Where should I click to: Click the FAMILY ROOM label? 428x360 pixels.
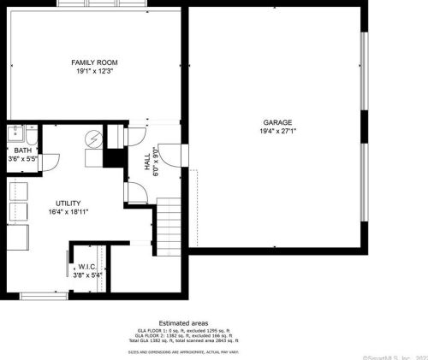[95, 62]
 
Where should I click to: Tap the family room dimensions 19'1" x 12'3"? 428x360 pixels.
[95, 71]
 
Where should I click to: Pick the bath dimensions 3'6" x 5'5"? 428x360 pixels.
[22, 159]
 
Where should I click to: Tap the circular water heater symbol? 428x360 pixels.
[93, 139]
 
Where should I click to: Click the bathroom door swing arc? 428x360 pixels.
[50, 162]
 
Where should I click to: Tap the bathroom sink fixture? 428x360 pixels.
[15, 134]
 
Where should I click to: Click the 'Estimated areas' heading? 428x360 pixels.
[183, 322]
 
